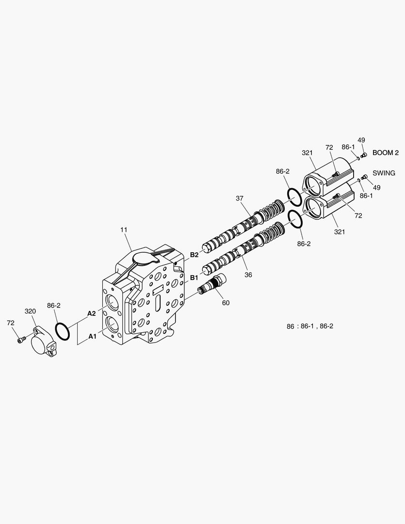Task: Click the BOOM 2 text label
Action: point(385,153)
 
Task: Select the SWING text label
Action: point(384,173)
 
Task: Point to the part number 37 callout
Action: point(240,198)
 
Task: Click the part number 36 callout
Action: point(248,275)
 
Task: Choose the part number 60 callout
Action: point(226,303)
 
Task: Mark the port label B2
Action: point(194,254)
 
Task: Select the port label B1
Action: point(194,278)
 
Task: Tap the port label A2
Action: point(91,313)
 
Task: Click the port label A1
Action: point(91,336)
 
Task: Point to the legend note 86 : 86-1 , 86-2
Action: point(309,326)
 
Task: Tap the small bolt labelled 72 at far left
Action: point(20,341)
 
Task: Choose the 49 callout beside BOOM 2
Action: point(361,140)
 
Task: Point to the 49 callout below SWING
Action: point(376,187)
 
